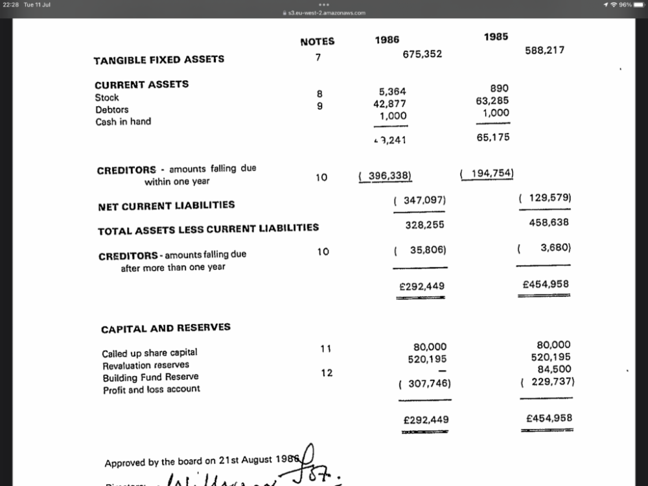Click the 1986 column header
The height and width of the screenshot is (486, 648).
coord(387,40)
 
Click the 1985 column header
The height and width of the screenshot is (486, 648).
coord(496,37)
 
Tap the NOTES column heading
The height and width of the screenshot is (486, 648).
coord(318,41)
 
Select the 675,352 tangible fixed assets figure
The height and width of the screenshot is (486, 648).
coord(422,54)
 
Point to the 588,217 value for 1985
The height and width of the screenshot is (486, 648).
coord(544,50)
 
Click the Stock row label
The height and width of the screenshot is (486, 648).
coord(107,97)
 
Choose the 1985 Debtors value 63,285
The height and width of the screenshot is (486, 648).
coord(492,100)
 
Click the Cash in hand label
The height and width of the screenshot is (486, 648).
coord(123,121)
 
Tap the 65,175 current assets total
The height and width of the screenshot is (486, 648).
coord(493,137)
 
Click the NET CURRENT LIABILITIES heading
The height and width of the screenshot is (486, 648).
coord(167,205)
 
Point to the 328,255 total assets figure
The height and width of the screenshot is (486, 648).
coord(424,225)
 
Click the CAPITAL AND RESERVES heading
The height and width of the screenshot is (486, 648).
coord(166,328)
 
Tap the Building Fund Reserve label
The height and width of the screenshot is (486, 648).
coord(151,377)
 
